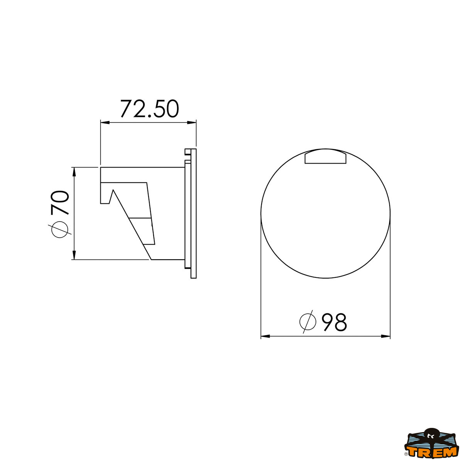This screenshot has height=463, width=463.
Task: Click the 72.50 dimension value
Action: point(149,109)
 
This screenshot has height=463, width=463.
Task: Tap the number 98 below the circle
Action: point(335,322)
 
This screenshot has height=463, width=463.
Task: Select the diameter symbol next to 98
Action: point(308,321)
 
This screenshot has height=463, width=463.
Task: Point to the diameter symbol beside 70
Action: point(60,230)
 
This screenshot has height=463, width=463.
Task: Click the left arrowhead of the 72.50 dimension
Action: point(104,123)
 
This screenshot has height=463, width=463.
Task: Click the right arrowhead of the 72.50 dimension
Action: point(193,123)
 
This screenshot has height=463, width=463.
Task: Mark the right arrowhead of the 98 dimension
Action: point(386,336)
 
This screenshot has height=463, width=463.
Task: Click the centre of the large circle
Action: point(326,213)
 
